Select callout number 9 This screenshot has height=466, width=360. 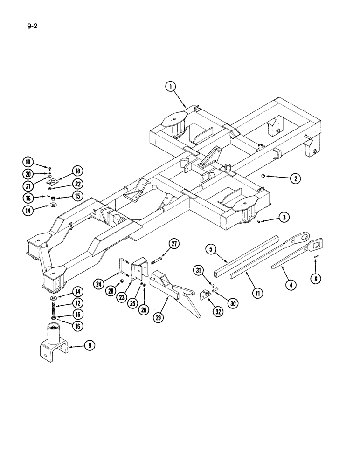(89, 346)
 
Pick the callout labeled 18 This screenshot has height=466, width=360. (76, 171)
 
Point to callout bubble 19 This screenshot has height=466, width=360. (29, 162)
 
